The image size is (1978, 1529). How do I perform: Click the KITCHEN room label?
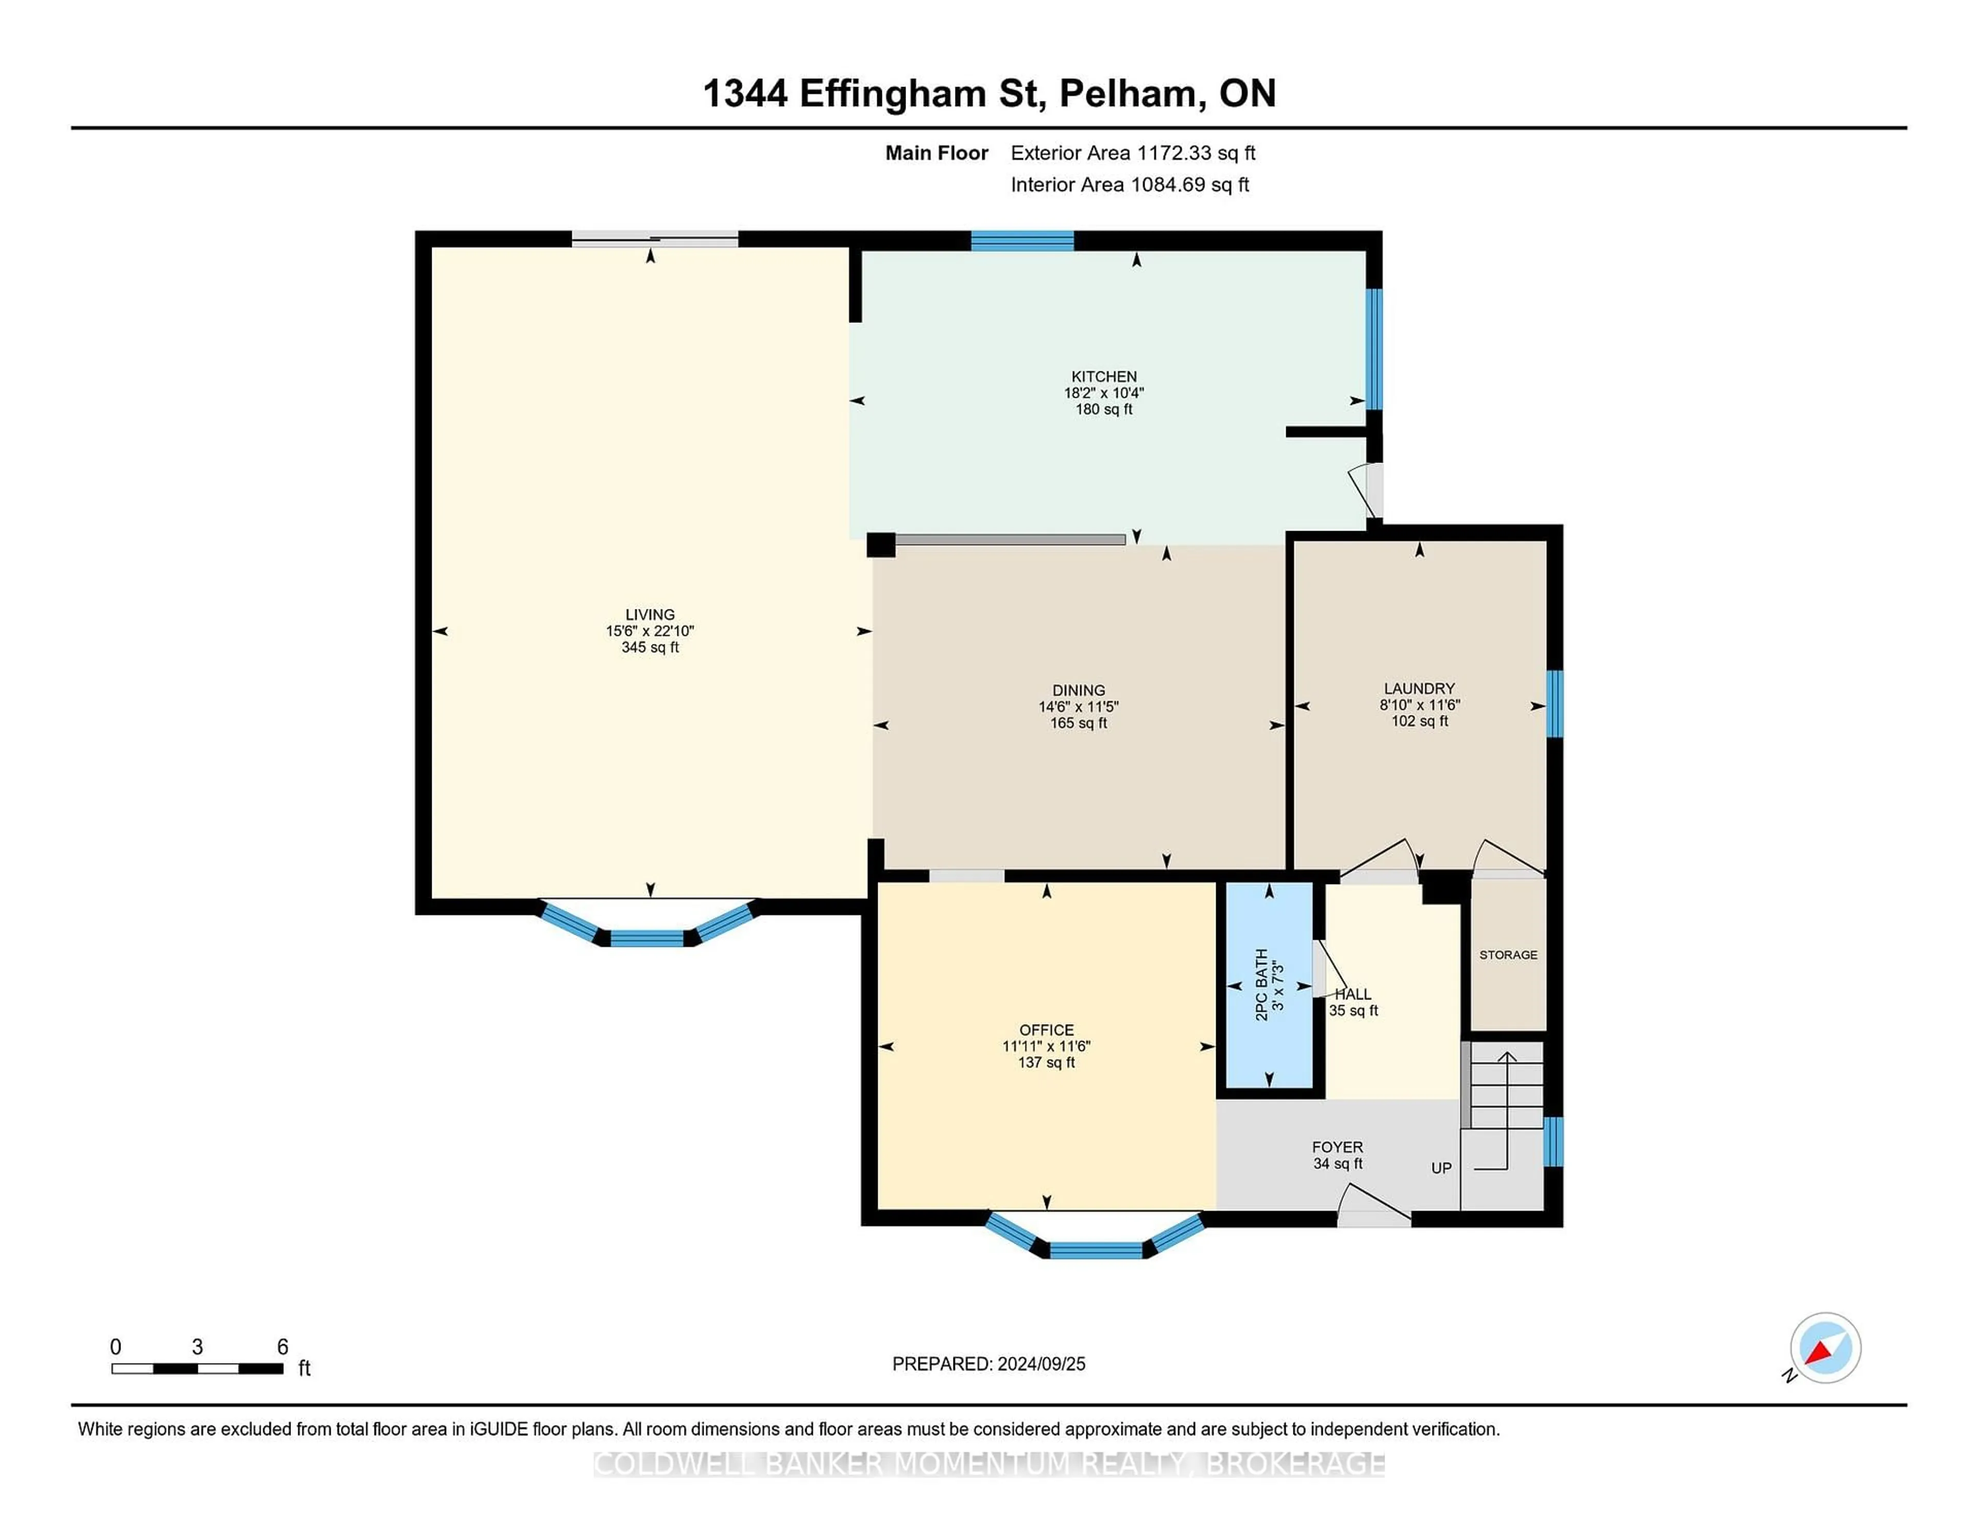pyautogui.click(x=1103, y=376)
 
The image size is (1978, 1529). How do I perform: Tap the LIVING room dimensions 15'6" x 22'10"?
pyautogui.click(x=650, y=631)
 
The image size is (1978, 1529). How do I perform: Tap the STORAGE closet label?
pyautogui.click(x=1508, y=955)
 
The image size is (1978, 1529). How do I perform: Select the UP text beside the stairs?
pyautogui.click(x=1441, y=1167)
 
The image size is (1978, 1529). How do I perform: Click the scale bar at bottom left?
pyautogui.click(x=197, y=1368)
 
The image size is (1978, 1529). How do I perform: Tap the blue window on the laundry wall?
pyautogui.click(x=1554, y=704)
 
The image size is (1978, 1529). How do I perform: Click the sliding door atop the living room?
pyautogui.click(x=655, y=240)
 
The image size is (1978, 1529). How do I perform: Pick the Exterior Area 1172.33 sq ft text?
pyautogui.click(x=1133, y=153)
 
